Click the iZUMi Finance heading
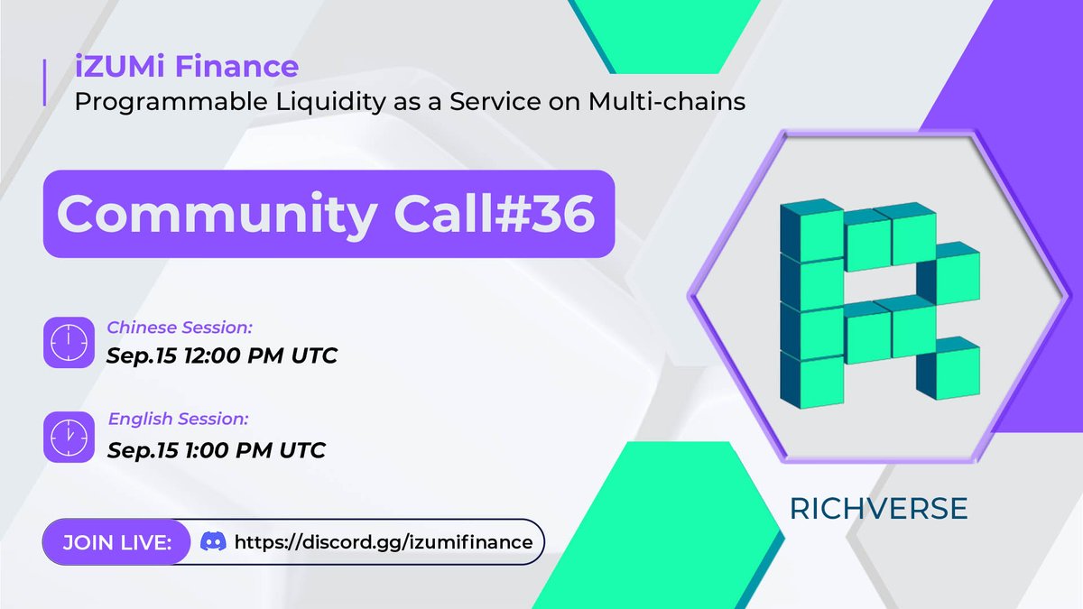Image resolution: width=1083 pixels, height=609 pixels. [x=186, y=67]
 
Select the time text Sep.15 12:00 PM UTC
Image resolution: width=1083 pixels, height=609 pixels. [x=221, y=355]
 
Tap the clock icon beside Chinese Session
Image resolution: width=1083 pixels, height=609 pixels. [x=69, y=342]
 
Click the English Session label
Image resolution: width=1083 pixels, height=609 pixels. [x=178, y=419]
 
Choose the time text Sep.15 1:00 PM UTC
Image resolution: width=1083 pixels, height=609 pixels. [x=216, y=448]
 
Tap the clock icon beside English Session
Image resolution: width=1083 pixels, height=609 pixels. [x=69, y=437]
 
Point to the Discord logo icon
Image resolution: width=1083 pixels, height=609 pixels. [x=212, y=542]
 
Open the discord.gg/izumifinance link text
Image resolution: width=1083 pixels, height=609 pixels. [x=383, y=542]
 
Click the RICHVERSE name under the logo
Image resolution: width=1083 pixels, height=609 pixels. [x=878, y=508]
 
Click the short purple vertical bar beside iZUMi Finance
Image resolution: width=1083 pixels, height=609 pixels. [x=45, y=82]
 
